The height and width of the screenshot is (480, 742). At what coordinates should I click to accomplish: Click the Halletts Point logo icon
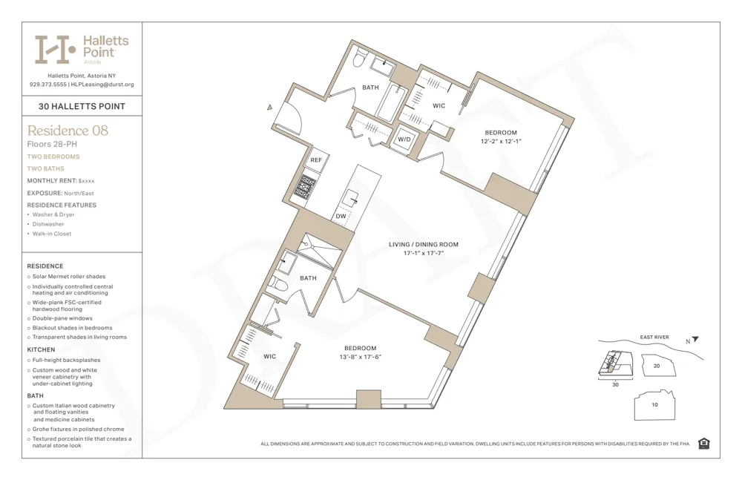tap(55, 49)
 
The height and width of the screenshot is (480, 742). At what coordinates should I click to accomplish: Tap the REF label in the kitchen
tap(316, 160)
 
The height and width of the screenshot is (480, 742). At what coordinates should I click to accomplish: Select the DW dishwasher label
tap(340, 217)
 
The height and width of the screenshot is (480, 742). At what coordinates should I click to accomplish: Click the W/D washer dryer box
tap(404, 139)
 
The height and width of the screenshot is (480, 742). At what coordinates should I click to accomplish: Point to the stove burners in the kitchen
tap(308, 184)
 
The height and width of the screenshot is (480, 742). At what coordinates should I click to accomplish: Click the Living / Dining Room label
tap(424, 244)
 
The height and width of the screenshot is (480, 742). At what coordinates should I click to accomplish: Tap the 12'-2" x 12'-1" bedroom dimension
tap(501, 141)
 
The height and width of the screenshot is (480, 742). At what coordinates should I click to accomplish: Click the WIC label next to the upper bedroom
tap(439, 106)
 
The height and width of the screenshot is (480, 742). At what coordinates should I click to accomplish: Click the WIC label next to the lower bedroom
tap(269, 357)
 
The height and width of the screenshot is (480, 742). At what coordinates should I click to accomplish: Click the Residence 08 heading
tap(68, 131)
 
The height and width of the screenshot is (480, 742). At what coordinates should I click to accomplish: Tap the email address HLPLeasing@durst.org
tap(101, 85)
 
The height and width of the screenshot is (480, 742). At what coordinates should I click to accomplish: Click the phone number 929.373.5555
tap(47, 85)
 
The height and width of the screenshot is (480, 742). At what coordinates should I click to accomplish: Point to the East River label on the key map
tap(654, 338)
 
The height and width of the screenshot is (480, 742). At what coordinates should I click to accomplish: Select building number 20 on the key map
tap(656, 366)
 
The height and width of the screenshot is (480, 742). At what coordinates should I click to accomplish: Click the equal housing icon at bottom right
tap(703, 444)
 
